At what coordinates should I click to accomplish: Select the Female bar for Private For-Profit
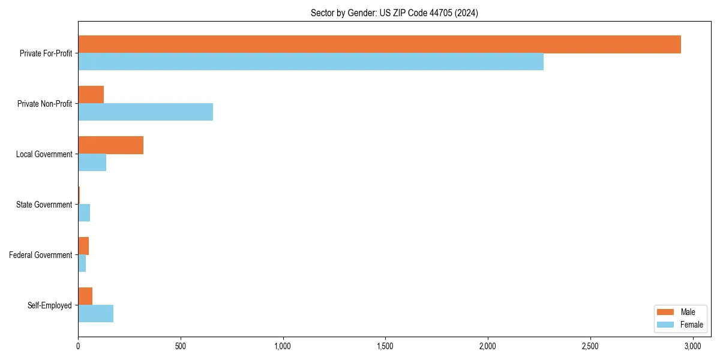311,62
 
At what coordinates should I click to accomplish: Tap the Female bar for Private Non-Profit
145,112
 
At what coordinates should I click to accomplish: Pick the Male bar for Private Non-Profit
91,95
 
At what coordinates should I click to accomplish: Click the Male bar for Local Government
110,145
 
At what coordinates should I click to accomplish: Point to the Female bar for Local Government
92,163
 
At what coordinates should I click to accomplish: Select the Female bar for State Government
84,213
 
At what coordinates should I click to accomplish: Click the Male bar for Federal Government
83,246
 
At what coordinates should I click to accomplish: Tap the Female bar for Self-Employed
95,314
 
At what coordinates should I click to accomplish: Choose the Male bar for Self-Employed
85,296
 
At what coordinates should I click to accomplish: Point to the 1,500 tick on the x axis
385,347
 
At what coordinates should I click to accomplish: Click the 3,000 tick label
692,347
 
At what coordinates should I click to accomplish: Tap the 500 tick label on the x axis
180,347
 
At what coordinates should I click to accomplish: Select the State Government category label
44,205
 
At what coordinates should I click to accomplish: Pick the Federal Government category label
40,255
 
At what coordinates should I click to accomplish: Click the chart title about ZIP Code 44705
394,13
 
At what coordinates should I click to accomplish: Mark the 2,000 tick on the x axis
488,347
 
